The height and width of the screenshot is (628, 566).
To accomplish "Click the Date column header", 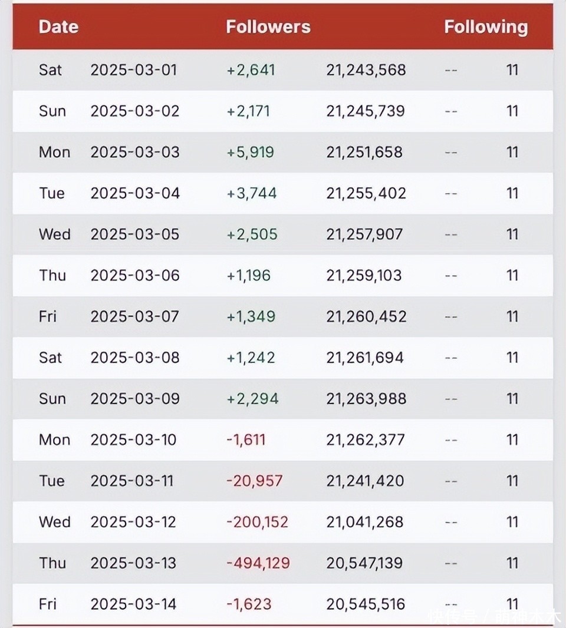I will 58,27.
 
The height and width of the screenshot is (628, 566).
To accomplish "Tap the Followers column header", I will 268,27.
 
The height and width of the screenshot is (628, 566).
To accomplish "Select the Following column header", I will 485,27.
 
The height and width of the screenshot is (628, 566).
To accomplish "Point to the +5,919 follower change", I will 250,152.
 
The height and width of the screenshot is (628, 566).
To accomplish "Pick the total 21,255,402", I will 366,193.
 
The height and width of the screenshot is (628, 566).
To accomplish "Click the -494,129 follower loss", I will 258,563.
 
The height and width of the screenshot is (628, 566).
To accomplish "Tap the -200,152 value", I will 257,522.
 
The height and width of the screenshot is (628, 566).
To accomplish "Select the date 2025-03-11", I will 132,481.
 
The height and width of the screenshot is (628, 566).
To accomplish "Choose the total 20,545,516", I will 366,604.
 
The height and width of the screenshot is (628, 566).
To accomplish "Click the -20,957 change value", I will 254,481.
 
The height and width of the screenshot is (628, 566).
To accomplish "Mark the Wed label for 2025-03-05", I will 54,234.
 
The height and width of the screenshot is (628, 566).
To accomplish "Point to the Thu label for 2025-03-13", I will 52,563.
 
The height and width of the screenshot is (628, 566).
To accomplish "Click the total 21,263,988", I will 366,399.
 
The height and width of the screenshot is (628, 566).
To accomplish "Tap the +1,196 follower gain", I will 248,276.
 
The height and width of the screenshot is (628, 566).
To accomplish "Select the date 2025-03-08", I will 134,358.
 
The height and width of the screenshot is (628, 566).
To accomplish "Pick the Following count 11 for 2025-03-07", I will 512,316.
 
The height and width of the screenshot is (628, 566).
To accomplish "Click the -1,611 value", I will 246,440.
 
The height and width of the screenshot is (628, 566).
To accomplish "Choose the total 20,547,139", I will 365,563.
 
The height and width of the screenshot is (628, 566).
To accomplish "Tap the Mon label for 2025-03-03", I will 54,152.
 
